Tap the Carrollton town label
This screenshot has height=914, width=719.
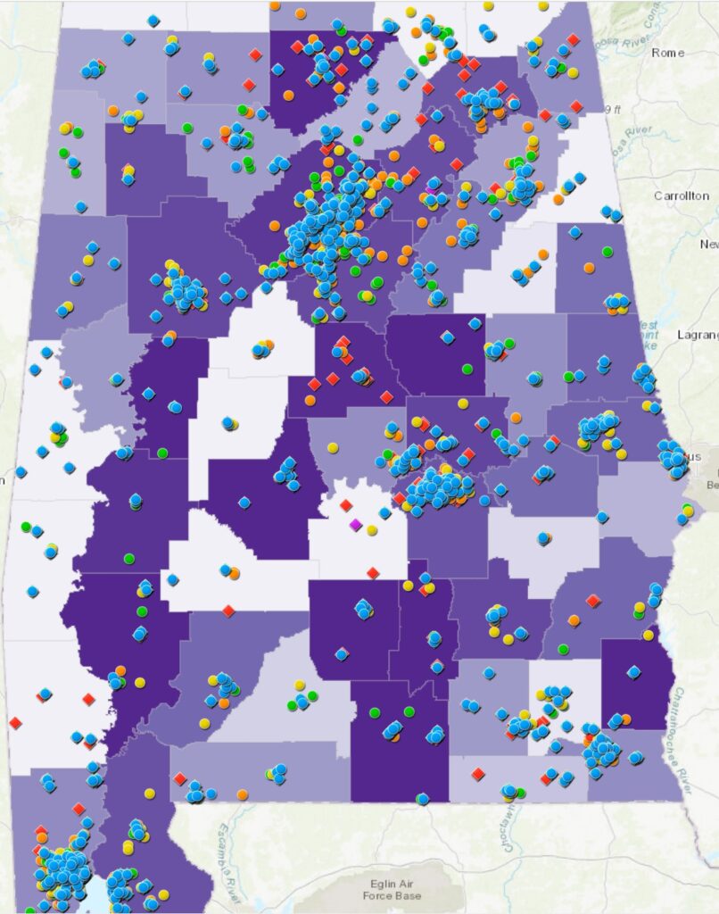tap(681, 195)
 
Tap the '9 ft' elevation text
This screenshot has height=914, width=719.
tap(612, 109)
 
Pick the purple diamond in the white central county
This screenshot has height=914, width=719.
tap(355, 525)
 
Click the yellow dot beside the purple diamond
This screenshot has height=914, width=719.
tap(371, 530)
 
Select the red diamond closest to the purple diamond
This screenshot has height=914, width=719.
tap(346, 505)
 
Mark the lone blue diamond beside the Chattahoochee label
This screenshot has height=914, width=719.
tap(633, 671)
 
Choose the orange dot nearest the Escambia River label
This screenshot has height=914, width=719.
tap(243, 794)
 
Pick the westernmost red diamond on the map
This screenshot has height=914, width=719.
tap(15, 722)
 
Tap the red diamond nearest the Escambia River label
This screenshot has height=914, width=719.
tap(180, 778)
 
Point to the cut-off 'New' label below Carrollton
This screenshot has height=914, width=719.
tap(708, 245)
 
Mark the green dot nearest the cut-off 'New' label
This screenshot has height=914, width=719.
tap(607, 253)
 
